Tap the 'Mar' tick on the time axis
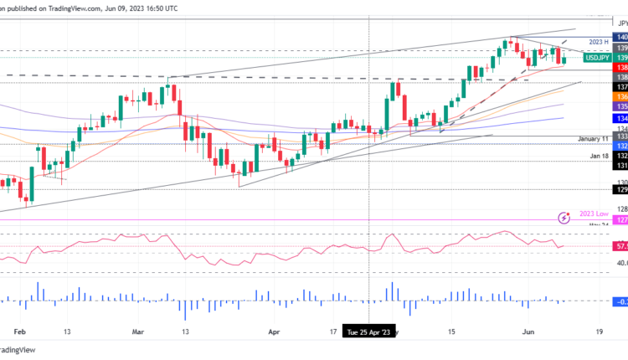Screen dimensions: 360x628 (138, 332)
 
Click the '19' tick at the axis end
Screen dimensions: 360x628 (596, 332)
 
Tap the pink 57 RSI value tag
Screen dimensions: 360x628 (620, 247)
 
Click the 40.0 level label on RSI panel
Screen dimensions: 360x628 (620, 263)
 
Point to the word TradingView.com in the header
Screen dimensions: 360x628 (64, 8)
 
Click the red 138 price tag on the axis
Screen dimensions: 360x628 (621, 66)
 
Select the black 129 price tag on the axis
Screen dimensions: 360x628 (621, 190)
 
